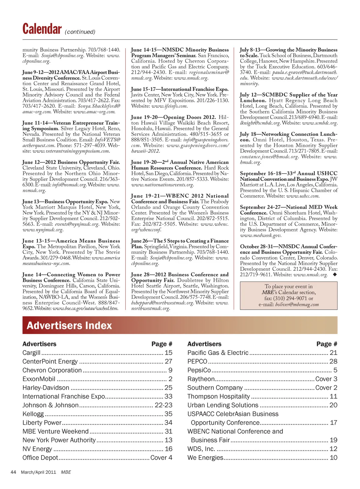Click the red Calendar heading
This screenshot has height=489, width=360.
42,29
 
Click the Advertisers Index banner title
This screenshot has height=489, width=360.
69,326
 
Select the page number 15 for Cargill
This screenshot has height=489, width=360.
168,353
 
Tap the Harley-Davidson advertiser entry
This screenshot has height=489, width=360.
46,388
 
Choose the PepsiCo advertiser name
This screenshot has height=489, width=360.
199,370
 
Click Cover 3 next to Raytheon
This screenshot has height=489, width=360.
326,379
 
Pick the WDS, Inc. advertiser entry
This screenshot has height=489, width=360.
201,449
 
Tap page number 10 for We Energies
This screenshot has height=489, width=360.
333,458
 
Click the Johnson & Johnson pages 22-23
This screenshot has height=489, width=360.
163,405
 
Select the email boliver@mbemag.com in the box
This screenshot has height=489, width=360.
297,305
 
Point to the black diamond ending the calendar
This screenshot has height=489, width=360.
334,275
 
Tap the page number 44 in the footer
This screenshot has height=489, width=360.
13,472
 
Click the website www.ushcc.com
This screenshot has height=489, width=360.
303,196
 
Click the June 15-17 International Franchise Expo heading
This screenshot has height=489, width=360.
180,89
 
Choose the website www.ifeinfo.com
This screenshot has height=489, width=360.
169,106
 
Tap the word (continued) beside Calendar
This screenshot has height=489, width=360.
80,32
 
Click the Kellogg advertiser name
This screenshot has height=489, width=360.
33,414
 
